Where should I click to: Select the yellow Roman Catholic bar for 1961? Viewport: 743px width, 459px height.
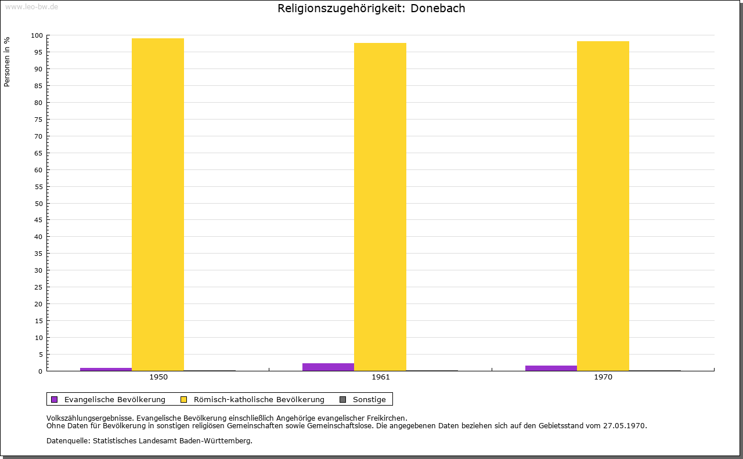pyautogui.click(x=380, y=207)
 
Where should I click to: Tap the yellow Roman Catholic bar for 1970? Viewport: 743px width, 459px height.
pyautogui.click(x=603, y=206)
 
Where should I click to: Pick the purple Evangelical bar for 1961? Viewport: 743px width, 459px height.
pyautogui.click(x=328, y=367)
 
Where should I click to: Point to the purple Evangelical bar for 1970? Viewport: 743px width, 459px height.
pyautogui.click(x=551, y=368)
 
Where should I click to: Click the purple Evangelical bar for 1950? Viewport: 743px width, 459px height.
pyautogui.click(x=106, y=369)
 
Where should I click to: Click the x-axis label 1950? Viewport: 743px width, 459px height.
pyautogui.click(x=158, y=377)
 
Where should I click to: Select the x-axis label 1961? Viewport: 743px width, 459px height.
pyautogui.click(x=381, y=377)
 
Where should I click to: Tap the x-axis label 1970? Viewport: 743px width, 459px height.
pyautogui.click(x=603, y=377)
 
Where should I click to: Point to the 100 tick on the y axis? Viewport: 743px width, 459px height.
pyautogui.click(x=37, y=35)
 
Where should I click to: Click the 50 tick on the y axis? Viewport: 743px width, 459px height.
pyautogui.click(x=39, y=204)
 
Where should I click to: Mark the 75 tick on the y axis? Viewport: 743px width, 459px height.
pyautogui.click(x=39, y=120)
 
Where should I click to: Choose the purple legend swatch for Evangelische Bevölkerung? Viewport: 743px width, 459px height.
pyautogui.click(x=55, y=399)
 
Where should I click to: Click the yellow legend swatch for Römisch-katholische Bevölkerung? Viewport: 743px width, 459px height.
pyautogui.click(x=184, y=399)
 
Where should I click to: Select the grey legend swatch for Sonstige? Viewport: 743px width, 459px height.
pyautogui.click(x=342, y=399)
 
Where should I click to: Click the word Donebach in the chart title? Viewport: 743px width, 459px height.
pyautogui.click(x=438, y=9)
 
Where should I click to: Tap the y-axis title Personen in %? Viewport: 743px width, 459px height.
pyautogui.click(x=7, y=62)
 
